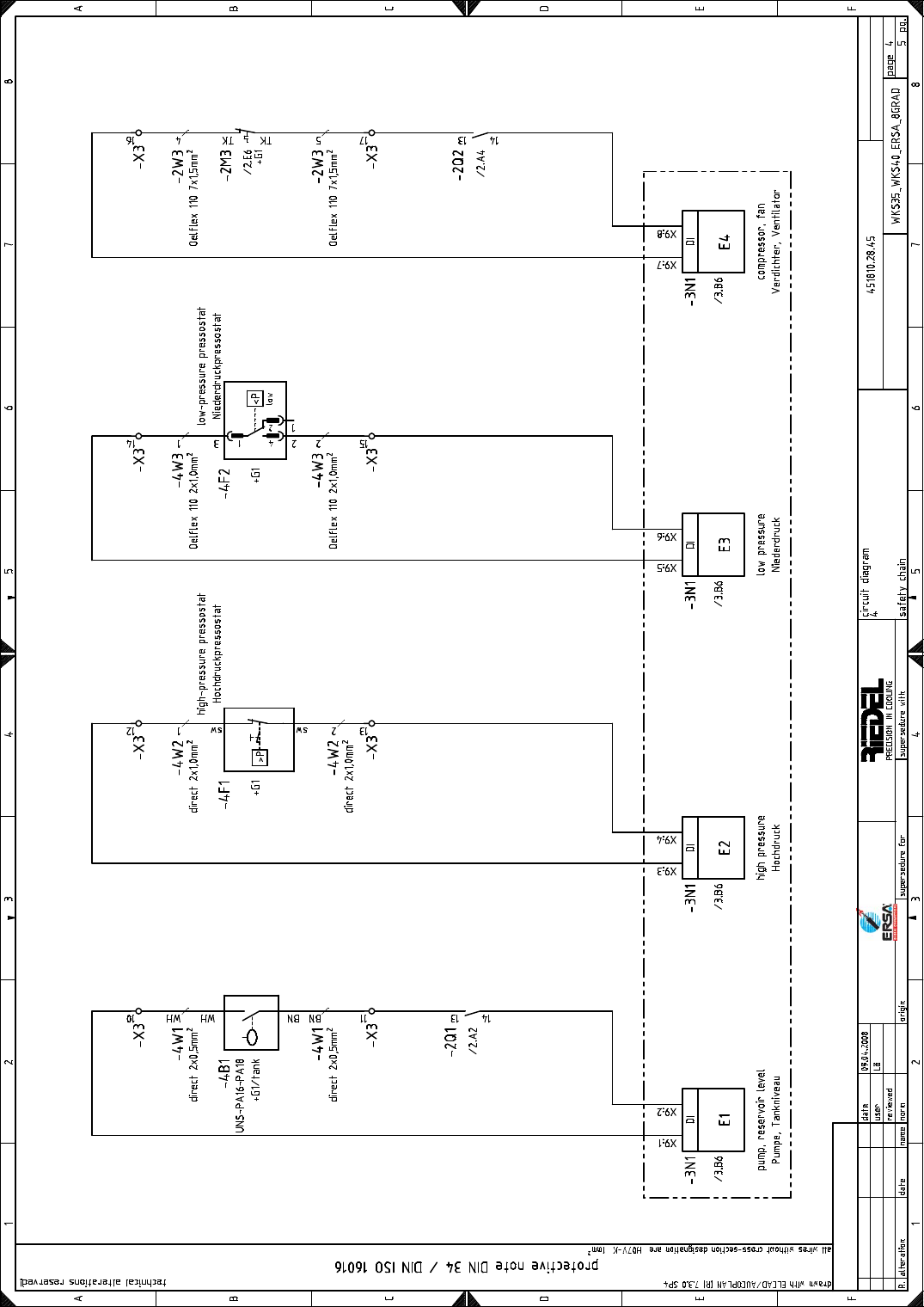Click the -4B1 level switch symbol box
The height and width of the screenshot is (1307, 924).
[251, 1022]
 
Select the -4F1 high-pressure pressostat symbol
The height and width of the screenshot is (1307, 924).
[259, 739]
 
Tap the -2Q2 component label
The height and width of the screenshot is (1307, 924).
[458, 163]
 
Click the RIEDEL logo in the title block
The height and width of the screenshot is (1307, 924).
[872, 721]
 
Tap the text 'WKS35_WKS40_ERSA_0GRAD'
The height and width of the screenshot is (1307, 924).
[896, 155]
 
